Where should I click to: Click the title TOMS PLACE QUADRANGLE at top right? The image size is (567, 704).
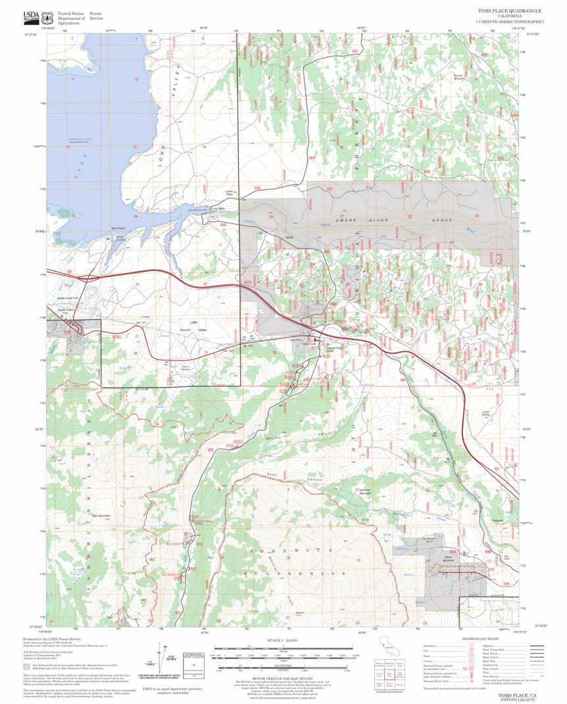point(509,11)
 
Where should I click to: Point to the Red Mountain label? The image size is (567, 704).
point(101,515)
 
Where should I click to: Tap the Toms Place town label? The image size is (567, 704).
point(295,340)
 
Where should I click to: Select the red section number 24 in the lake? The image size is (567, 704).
point(136,216)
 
